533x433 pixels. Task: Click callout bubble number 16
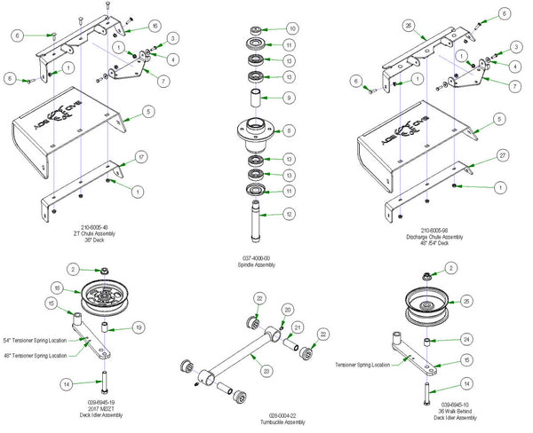point(155,26)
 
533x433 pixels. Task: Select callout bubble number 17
point(140,158)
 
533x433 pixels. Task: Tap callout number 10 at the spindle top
point(292,29)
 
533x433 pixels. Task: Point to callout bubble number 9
point(290,98)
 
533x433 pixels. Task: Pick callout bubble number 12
point(290,214)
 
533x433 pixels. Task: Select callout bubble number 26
point(409,28)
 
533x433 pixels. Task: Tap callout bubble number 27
point(477,155)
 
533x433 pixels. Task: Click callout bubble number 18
point(56,288)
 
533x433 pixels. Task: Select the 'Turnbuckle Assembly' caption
point(266,420)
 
